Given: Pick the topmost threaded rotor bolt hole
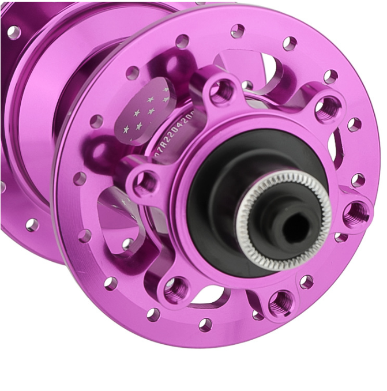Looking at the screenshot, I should pos(222,91).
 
